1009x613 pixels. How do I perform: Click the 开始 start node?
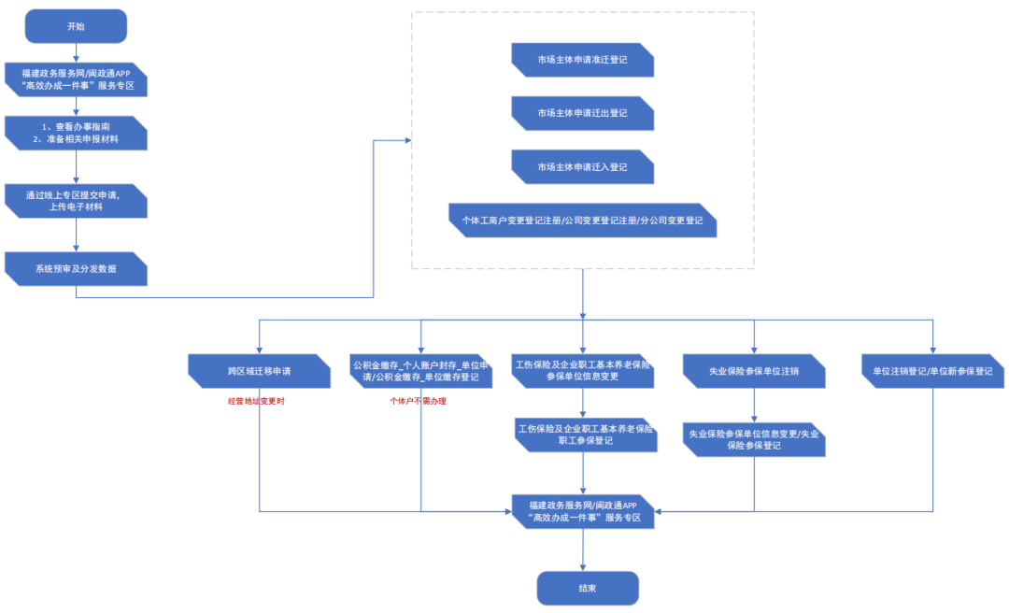76,26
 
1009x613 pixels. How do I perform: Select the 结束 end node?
588,588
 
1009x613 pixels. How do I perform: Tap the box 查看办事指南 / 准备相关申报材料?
76,134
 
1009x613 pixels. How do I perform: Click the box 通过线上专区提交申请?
76,201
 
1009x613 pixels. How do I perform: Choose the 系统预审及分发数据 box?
76,268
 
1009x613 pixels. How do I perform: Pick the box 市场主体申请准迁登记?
582,60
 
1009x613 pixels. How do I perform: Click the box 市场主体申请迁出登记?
582,113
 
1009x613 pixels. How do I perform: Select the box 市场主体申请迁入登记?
582,166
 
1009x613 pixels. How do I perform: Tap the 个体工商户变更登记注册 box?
582,221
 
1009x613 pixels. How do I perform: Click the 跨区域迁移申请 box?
260,371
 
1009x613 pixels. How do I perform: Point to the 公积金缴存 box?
420,371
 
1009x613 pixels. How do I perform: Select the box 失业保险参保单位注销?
754,371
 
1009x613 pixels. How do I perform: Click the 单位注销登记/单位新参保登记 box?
933,371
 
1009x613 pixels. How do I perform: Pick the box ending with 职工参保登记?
586,435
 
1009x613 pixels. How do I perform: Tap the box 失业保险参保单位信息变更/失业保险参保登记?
754,440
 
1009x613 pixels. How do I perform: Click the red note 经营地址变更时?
256,401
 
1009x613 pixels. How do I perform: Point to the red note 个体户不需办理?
418,401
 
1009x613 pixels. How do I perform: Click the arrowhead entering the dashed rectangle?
408,140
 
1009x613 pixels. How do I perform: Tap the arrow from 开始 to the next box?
76,53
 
